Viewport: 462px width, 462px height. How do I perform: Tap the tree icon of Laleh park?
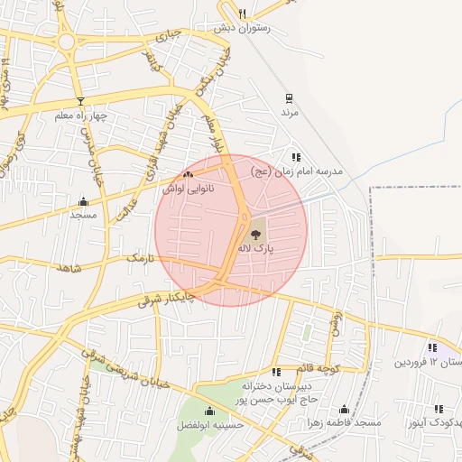[x=259, y=232]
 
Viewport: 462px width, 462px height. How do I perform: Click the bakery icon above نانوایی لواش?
[x=188, y=175]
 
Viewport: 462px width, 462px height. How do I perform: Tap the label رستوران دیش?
[x=236, y=28]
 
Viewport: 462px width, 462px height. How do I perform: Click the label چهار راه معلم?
[x=80, y=115]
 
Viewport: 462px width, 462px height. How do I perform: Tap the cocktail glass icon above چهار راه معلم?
[x=80, y=100]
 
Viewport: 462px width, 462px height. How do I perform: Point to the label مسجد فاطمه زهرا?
[x=344, y=422]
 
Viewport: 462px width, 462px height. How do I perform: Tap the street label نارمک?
[x=140, y=259]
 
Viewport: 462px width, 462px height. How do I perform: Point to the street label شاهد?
[x=68, y=269]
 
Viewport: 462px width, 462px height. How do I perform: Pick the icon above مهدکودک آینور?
[x=439, y=409]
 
